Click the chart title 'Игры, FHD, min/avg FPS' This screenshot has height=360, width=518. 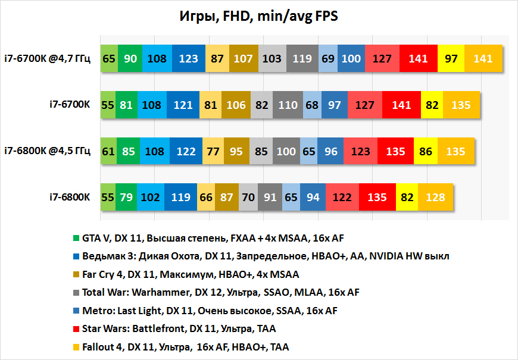point(258,16)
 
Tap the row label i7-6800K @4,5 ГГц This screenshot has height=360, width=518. point(48,151)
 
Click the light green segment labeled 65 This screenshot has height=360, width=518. point(109,59)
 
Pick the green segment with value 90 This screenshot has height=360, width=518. point(130,59)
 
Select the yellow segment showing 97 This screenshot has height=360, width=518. point(451,59)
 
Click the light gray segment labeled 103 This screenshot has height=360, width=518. point(272,59)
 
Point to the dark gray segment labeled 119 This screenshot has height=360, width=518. point(302,59)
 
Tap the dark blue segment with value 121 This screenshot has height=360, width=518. point(183,105)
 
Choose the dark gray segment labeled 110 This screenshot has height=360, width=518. point(288,105)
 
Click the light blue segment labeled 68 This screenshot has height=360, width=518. point(311,105)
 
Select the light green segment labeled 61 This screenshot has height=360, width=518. point(108,151)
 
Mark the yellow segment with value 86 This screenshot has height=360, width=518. point(426,151)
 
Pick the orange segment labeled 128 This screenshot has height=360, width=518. point(436,197)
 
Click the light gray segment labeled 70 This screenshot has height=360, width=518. point(249,197)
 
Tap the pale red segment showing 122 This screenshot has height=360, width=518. point(342,197)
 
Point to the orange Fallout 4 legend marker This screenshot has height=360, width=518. point(76,347)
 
